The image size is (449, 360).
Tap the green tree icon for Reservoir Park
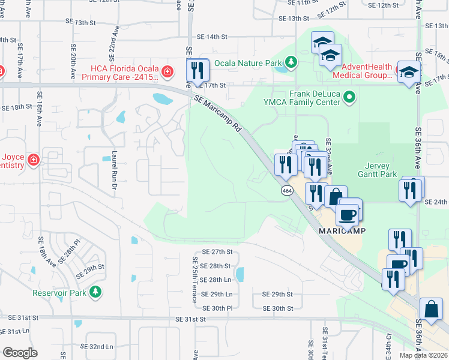[x=95, y=292]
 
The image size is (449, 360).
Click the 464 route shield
[x=287, y=190]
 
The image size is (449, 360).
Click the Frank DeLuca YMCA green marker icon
[x=349, y=97]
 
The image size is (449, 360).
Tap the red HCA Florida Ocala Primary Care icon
[x=167, y=73]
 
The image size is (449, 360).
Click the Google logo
[x=20, y=353]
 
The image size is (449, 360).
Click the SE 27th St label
[x=217, y=252]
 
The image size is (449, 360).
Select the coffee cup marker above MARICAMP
[x=347, y=214]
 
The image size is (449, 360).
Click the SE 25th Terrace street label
[x=195, y=280]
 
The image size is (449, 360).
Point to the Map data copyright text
[x=424, y=355]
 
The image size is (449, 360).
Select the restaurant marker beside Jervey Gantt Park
[x=411, y=191]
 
